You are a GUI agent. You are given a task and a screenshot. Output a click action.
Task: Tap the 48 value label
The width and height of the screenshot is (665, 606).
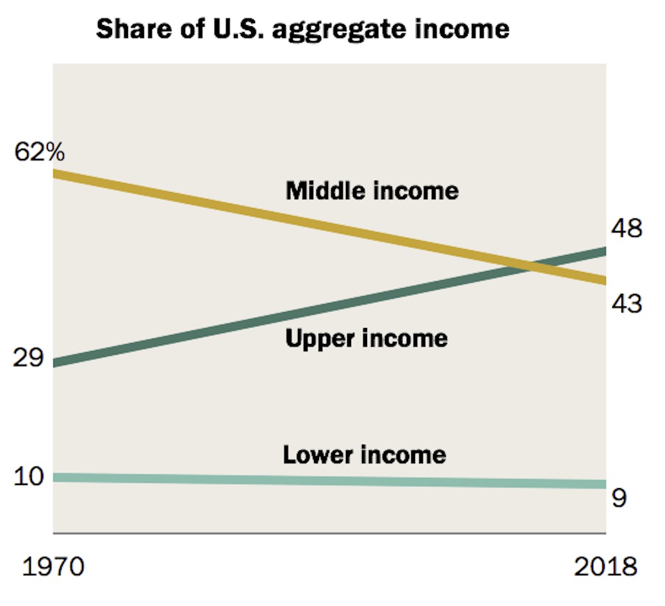pyautogui.click(x=625, y=228)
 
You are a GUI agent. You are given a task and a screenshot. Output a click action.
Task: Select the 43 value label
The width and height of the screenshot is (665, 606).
pyautogui.click(x=625, y=303)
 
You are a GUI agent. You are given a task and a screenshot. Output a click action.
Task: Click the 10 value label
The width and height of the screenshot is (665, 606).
pyautogui.click(x=28, y=477)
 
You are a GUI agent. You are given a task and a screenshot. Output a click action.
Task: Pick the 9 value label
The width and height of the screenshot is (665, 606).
pyautogui.click(x=619, y=498)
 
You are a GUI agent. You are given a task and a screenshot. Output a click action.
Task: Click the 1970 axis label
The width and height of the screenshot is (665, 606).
pyautogui.click(x=54, y=567)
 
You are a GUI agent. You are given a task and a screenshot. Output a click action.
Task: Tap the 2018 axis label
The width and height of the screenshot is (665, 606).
pyautogui.click(x=605, y=567)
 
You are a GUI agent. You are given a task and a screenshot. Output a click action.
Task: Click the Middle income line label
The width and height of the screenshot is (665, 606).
pyautogui.click(x=372, y=190)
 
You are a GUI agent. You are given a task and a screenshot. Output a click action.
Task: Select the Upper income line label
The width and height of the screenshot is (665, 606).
pyautogui.click(x=366, y=338)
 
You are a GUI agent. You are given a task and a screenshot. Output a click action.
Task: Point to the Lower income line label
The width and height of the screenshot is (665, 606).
pyautogui.click(x=365, y=454)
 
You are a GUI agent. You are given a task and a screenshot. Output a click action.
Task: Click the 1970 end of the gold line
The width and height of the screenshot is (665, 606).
pyautogui.click(x=55, y=174)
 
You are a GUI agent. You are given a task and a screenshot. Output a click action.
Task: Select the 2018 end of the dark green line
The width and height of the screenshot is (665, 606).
pyautogui.click(x=604, y=250)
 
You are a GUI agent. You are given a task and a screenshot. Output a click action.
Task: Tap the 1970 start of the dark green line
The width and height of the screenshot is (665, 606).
pyautogui.click(x=55, y=363)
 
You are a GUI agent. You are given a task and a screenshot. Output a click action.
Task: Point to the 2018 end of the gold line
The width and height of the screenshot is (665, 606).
pyautogui.click(x=604, y=280)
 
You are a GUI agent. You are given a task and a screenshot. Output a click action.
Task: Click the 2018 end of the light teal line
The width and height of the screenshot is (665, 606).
pyautogui.click(x=604, y=484)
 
